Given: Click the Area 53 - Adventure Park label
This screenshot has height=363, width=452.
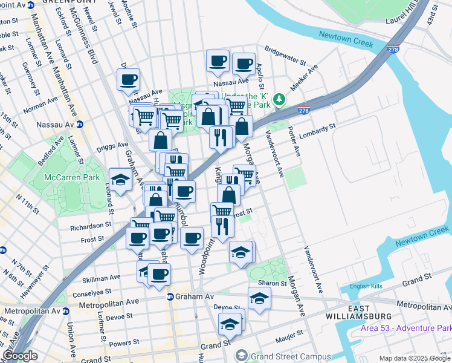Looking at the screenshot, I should pos(414,328).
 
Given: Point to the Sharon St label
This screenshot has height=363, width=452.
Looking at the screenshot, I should pos(273,283).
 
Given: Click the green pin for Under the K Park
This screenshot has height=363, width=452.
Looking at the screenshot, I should pos(279,99).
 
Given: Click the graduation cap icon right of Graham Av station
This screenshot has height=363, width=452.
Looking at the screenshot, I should pos(260,298).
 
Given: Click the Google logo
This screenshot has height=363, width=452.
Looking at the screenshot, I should pos(19,356).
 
